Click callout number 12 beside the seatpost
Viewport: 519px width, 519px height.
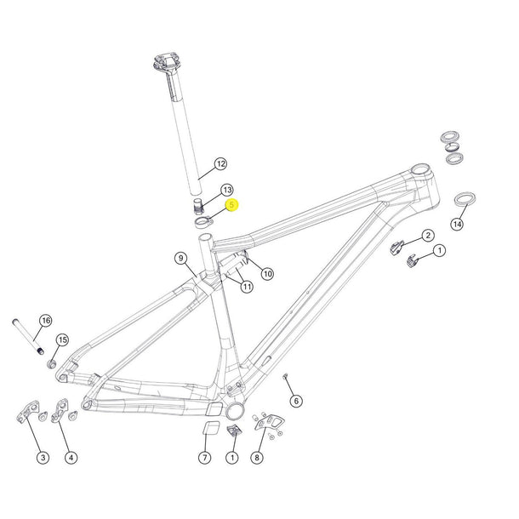point(220,163)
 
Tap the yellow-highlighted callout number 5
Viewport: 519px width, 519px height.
point(231,205)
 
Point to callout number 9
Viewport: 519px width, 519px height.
point(180,258)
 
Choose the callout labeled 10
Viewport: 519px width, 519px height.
point(267,273)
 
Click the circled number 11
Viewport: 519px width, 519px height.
point(247,287)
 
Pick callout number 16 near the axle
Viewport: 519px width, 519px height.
point(46,320)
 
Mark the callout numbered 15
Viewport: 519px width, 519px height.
point(62,340)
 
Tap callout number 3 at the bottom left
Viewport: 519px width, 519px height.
point(43,458)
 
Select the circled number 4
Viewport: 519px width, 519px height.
point(71,458)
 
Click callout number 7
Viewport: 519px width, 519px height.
point(204,458)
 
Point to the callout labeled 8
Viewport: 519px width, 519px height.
point(258,458)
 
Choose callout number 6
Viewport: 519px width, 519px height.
point(296,401)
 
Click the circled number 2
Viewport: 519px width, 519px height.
point(428,235)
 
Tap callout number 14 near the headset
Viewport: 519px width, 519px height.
point(458,225)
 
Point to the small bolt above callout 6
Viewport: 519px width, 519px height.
point(288,375)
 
